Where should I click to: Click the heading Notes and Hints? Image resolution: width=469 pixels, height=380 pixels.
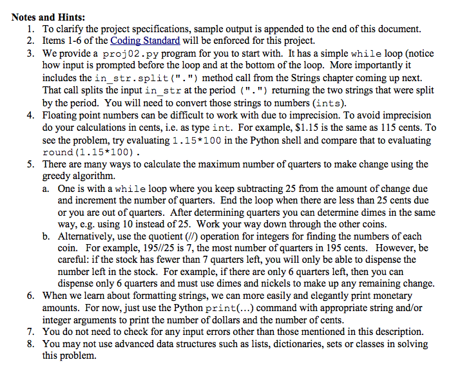48,17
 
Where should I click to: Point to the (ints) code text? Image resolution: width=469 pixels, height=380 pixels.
329,103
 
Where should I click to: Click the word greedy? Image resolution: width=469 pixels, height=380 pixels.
57,176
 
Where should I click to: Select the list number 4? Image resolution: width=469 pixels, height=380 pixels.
32,115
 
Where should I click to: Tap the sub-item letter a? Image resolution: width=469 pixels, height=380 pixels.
46,188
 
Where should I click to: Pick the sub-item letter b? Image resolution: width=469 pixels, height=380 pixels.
46,236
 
